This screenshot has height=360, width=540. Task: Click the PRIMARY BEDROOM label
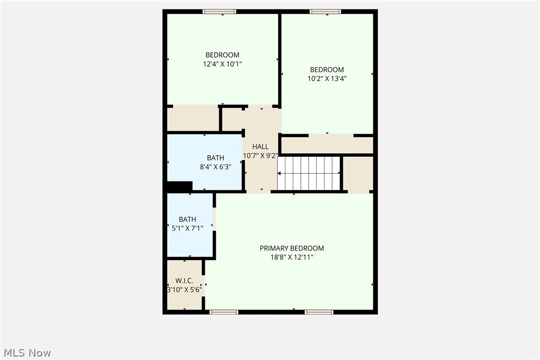[291, 248]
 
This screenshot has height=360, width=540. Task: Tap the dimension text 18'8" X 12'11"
[291, 257]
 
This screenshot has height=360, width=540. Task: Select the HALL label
[260, 147]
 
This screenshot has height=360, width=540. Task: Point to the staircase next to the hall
[308, 173]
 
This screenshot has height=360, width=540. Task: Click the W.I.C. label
[184, 281]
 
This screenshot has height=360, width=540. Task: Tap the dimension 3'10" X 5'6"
[184, 290]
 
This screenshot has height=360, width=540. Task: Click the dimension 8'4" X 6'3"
[215, 167]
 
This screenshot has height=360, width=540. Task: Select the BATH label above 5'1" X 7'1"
[187, 219]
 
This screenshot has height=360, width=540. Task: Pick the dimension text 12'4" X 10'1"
[222, 64]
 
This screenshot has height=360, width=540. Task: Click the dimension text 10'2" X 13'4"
[327, 78]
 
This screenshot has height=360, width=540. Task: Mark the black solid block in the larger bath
[180, 186]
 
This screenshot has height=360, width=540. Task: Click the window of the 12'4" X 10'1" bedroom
[219, 11]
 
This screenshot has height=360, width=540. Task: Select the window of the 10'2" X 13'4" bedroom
[325, 11]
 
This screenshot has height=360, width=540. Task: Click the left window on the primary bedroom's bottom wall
[224, 312]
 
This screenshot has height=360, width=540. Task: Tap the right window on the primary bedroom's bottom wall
[319, 312]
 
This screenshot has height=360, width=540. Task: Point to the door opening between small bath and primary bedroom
[214, 219]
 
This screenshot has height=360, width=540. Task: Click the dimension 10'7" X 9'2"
[260, 156]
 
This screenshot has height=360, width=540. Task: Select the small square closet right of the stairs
[358, 173]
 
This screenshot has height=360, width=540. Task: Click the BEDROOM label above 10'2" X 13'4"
[327, 70]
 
